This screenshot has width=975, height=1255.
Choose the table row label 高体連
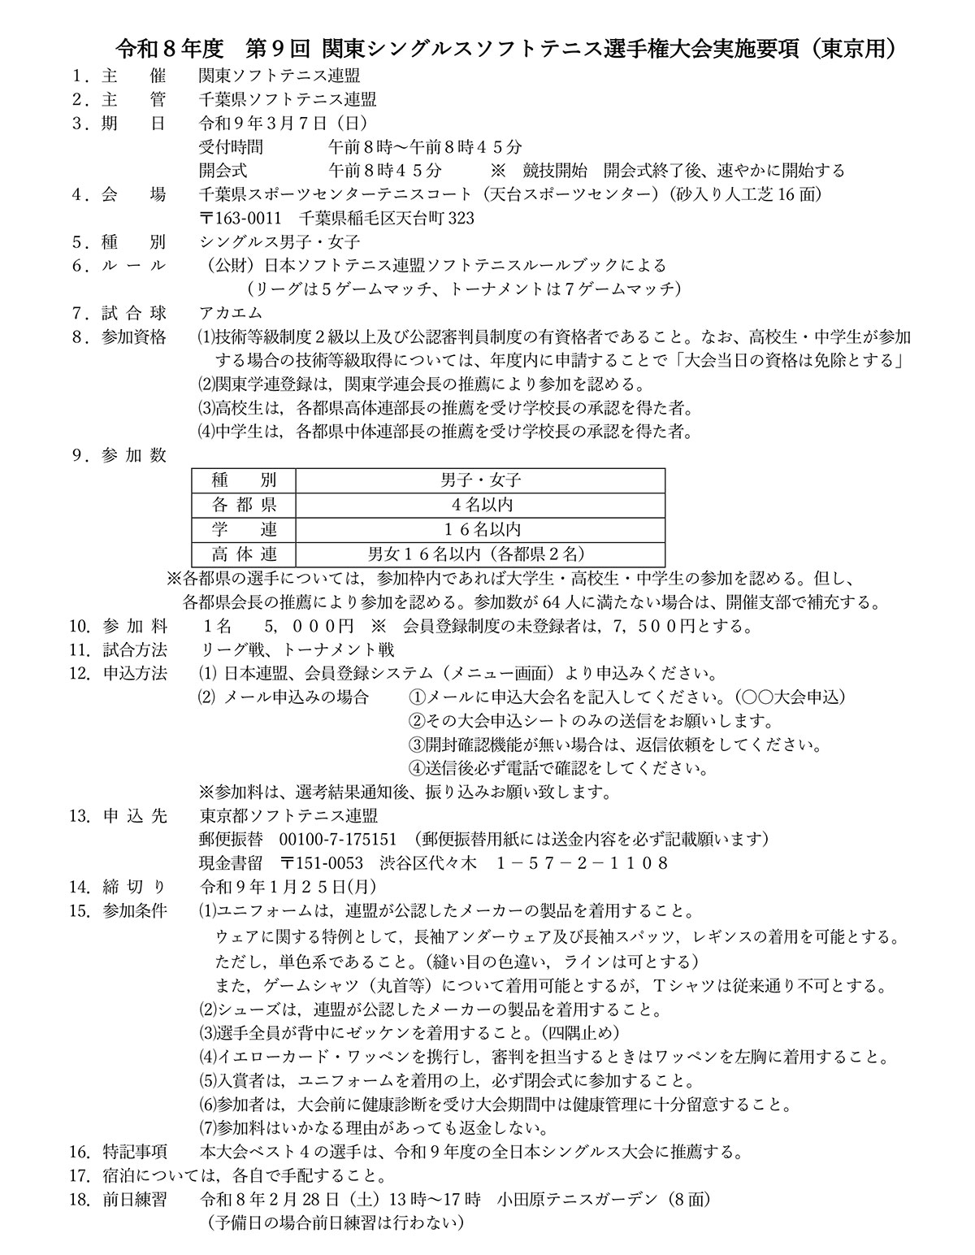click(244, 554)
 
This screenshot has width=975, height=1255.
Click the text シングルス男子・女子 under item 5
click(279, 241)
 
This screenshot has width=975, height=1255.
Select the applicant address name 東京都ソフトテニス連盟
click(288, 814)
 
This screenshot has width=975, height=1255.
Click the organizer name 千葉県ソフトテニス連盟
click(288, 100)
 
